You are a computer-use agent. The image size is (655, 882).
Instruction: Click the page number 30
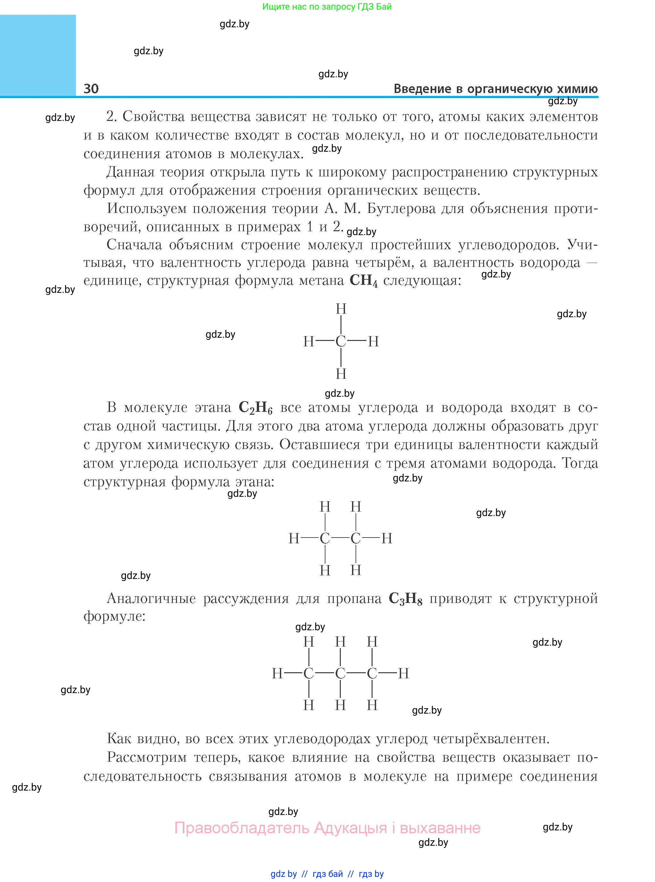[x=91, y=89]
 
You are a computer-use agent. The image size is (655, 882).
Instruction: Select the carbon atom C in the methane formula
[x=340, y=341]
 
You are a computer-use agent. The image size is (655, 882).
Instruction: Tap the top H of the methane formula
[x=341, y=309]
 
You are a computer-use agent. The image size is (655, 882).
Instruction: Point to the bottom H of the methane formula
[x=341, y=374]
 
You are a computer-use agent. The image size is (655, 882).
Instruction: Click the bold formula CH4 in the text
[x=364, y=281]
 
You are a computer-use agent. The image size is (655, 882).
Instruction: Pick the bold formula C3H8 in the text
[x=405, y=598]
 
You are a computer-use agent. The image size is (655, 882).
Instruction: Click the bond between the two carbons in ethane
[x=340, y=538]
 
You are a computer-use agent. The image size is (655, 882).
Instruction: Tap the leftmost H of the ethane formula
[x=294, y=538]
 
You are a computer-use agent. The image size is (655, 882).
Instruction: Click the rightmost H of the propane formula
[x=403, y=673]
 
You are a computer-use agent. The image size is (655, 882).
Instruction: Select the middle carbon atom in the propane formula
[x=340, y=673]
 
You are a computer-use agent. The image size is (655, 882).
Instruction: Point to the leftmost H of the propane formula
[x=277, y=673]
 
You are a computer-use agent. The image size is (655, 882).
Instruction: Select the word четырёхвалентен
[x=491, y=738]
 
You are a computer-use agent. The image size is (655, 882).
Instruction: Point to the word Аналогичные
[x=151, y=598]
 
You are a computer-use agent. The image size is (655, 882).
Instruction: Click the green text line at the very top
[x=327, y=7]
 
